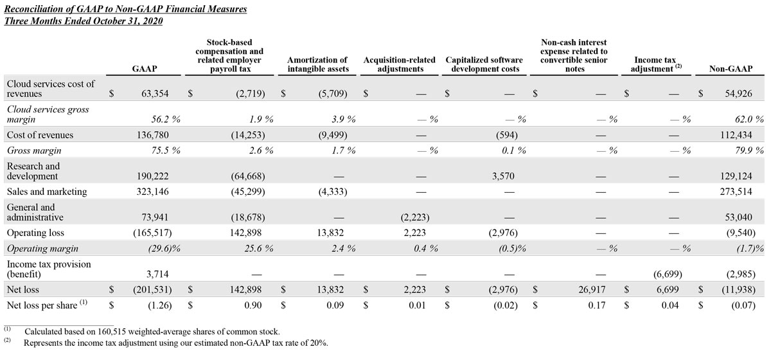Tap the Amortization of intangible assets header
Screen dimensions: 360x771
tap(317, 64)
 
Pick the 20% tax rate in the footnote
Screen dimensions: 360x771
tap(319, 343)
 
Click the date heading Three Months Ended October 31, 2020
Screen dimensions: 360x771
tap(84, 21)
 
